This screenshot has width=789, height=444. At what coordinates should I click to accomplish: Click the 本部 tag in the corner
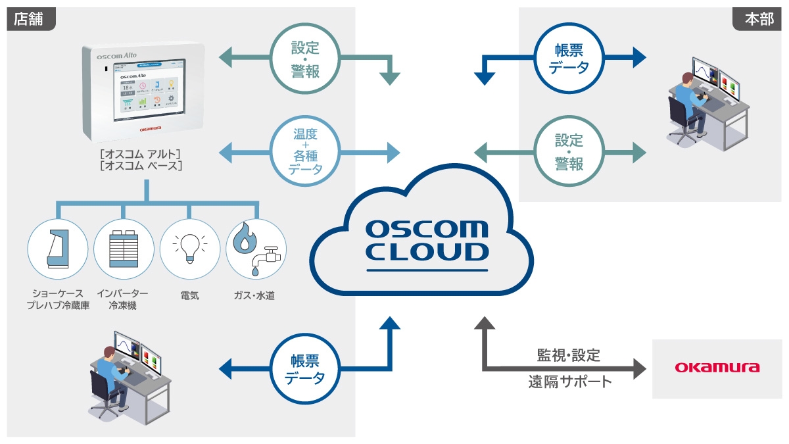click(759, 18)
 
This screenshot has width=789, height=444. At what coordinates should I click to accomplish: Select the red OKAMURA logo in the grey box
click(717, 367)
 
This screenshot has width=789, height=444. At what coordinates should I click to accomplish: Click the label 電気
click(189, 296)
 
